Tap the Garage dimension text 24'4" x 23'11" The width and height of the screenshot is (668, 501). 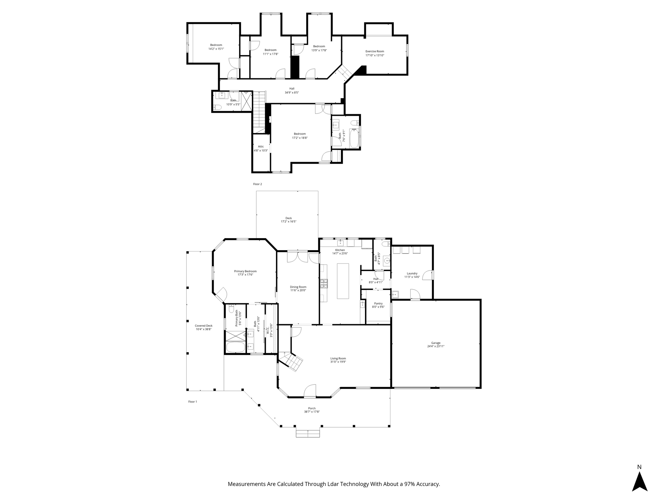point(436,346)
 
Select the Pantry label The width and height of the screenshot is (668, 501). point(378,303)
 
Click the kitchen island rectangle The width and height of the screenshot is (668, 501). point(343,281)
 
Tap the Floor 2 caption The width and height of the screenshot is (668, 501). point(257,184)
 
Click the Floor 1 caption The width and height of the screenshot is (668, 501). point(192,402)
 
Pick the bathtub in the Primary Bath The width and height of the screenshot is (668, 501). point(235,347)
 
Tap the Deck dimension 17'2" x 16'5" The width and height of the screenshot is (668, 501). point(289,221)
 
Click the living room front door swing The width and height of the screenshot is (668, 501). point(310,390)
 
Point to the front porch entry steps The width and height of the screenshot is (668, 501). point(308,433)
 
